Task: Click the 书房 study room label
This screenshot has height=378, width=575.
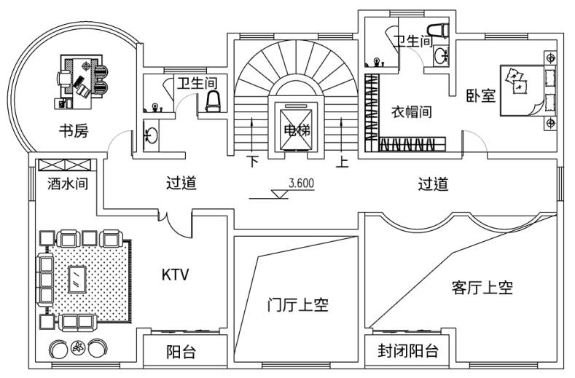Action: tap(73, 131)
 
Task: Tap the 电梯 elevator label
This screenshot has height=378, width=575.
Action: tap(296, 131)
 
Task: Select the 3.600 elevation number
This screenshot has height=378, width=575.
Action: tap(301, 184)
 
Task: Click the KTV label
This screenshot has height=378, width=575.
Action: tap(175, 275)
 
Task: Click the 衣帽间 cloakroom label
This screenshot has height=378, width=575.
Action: tap(412, 112)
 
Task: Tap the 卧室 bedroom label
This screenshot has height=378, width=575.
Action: tap(481, 95)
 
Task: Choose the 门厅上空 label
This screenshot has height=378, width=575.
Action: tap(297, 305)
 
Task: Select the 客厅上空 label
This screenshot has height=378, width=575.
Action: tap(482, 288)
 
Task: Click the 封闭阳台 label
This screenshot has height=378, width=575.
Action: tap(408, 352)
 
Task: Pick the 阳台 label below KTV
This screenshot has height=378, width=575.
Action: tap(181, 353)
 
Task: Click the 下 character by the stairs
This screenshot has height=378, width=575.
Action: tap(253, 161)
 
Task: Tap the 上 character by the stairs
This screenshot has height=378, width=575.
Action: tap(343, 161)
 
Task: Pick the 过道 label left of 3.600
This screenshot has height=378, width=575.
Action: tap(181, 184)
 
